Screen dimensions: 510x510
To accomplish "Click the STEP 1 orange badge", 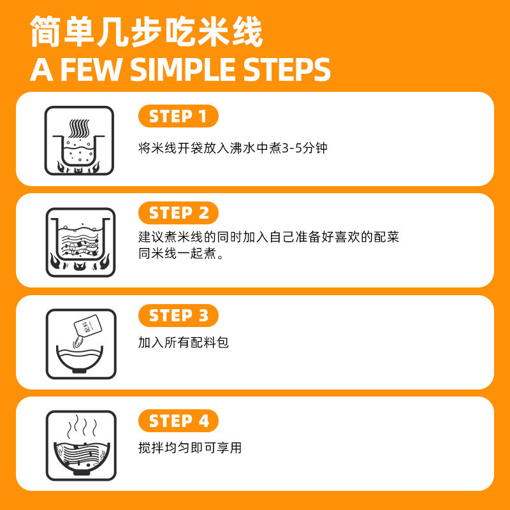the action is (178, 116).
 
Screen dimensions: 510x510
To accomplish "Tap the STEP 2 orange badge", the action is (178, 213).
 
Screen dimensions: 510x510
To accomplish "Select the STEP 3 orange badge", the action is (178, 316).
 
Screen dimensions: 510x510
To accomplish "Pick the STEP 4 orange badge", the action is (178, 421).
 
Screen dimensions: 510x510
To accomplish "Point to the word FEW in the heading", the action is (91, 69).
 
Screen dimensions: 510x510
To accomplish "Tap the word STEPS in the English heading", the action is (287, 69).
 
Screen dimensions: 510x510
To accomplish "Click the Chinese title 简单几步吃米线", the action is (147, 31).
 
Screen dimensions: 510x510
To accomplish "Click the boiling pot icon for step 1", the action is (79, 140).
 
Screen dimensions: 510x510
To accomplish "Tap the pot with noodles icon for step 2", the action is (81, 242).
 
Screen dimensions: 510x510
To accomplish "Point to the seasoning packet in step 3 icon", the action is (88, 325).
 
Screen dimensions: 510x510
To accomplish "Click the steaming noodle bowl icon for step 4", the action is (81, 445).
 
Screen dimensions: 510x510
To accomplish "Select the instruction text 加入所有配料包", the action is (184, 342).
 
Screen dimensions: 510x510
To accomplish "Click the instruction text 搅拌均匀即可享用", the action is (190, 448).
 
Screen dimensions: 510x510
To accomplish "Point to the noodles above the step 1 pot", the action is (79, 129).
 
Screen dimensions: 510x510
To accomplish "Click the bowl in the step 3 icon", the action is (80, 359).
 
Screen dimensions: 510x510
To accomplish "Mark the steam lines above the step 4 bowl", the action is (82, 426).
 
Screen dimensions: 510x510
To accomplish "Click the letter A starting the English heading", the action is (41, 69).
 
